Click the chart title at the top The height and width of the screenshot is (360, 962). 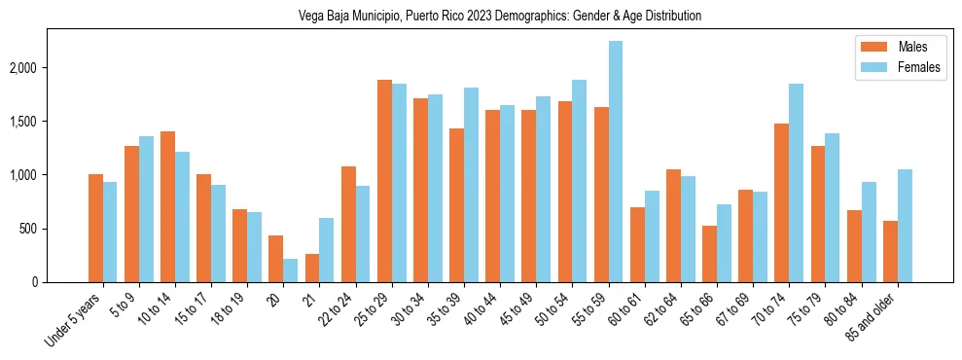tap(481, 17)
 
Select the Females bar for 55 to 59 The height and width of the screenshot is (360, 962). tap(615, 162)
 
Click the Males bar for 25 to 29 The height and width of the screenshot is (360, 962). tap(384, 181)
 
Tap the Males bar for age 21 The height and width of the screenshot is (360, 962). tap(312, 269)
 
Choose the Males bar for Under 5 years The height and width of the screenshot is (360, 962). tap(95, 229)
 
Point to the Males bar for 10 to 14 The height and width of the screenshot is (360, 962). tap(167, 207)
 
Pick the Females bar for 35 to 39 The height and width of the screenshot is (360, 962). tap(471, 185)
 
